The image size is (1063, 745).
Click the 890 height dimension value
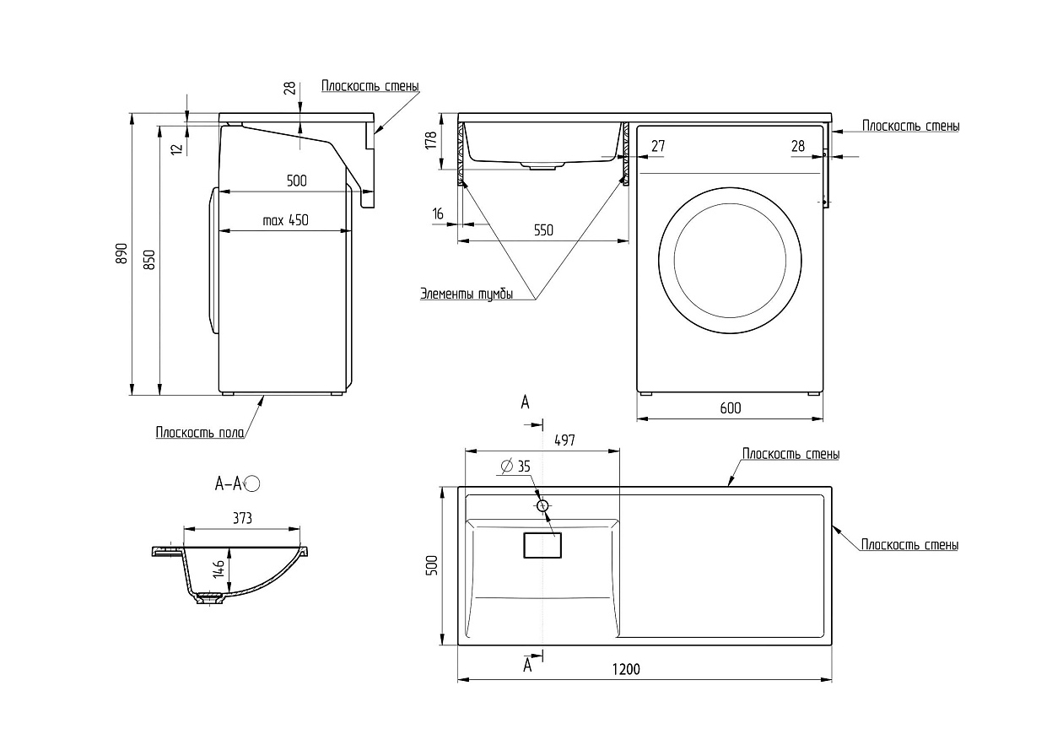[x=122, y=253]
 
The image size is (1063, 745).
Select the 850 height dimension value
[x=149, y=260]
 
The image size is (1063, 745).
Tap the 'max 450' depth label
[x=285, y=220]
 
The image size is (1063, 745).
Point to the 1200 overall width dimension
[x=626, y=669]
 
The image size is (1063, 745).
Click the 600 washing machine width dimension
[x=731, y=408]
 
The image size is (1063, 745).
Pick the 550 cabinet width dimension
[x=543, y=230]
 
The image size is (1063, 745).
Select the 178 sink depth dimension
[x=431, y=141]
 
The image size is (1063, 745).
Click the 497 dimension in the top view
[x=564, y=440]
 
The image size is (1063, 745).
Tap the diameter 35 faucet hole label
[x=515, y=467]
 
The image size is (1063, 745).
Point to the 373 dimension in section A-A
[x=242, y=518]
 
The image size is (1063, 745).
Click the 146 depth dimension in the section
[x=219, y=569]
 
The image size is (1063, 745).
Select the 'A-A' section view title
[x=229, y=484]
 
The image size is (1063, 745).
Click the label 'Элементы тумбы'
[x=467, y=294]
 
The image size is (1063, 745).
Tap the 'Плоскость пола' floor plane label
[x=200, y=432]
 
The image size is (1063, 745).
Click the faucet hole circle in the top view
[x=543, y=506]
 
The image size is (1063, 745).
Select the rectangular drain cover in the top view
[x=542, y=545]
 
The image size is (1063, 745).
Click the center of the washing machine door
[x=730, y=261]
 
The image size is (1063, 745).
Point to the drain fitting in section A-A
[x=210, y=597]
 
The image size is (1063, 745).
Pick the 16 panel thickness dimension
[x=438, y=213]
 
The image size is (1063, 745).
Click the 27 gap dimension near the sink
[x=658, y=146]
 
